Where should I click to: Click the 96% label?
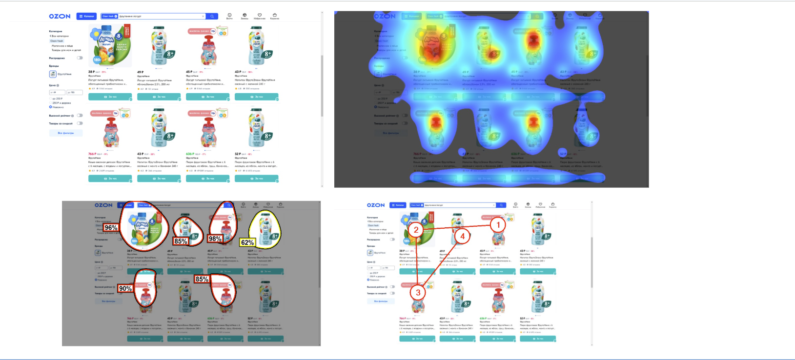point(111,227)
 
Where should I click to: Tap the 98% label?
point(215,239)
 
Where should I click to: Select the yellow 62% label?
point(247,242)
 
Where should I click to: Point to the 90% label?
point(125,288)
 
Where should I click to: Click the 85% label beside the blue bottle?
point(181,241)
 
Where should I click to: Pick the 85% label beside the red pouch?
point(202,279)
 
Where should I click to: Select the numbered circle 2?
point(416,230)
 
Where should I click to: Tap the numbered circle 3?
point(418,292)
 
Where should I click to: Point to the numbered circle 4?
point(462,237)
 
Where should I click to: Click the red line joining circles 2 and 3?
point(417,261)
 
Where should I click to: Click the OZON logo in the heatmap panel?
point(385,16)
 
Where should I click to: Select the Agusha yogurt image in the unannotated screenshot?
point(109,46)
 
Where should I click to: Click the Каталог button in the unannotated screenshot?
point(86,16)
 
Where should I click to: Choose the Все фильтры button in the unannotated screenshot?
point(66,133)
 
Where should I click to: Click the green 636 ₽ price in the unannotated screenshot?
point(189,154)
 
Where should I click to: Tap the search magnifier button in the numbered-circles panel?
point(501,205)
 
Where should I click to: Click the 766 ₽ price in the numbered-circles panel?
point(403,318)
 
